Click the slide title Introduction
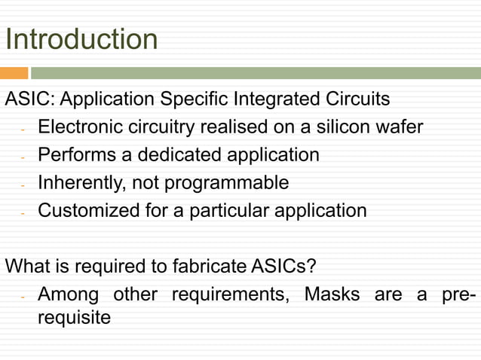click(81, 39)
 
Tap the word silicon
click(345, 127)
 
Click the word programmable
click(226, 183)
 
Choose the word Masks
click(332, 294)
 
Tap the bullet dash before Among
click(23, 295)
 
